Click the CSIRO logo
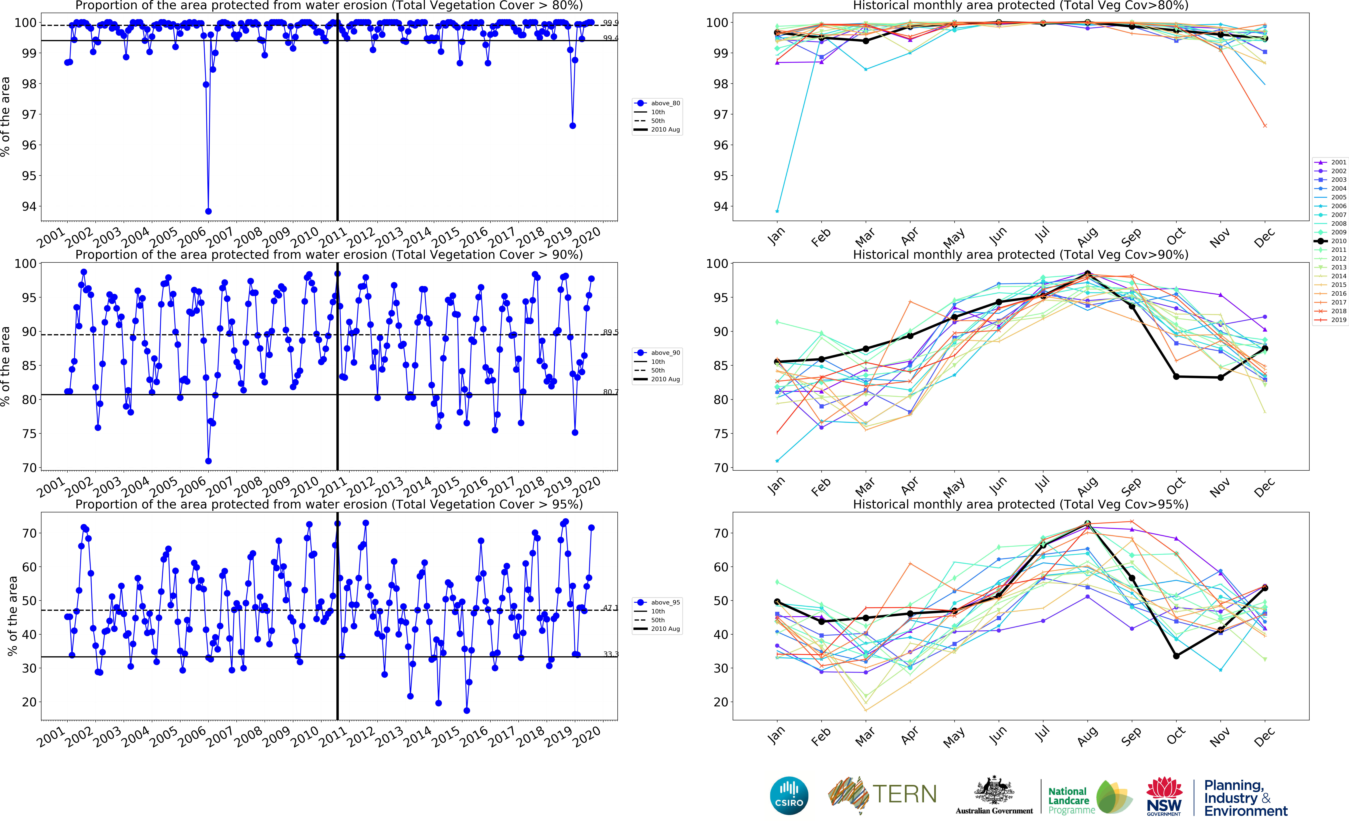(x=789, y=795)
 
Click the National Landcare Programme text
(x=1068, y=800)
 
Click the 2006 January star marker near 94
(x=777, y=211)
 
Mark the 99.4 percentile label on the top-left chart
(x=610, y=38)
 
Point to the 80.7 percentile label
(x=610, y=392)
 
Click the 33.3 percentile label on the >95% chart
(x=610, y=654)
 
